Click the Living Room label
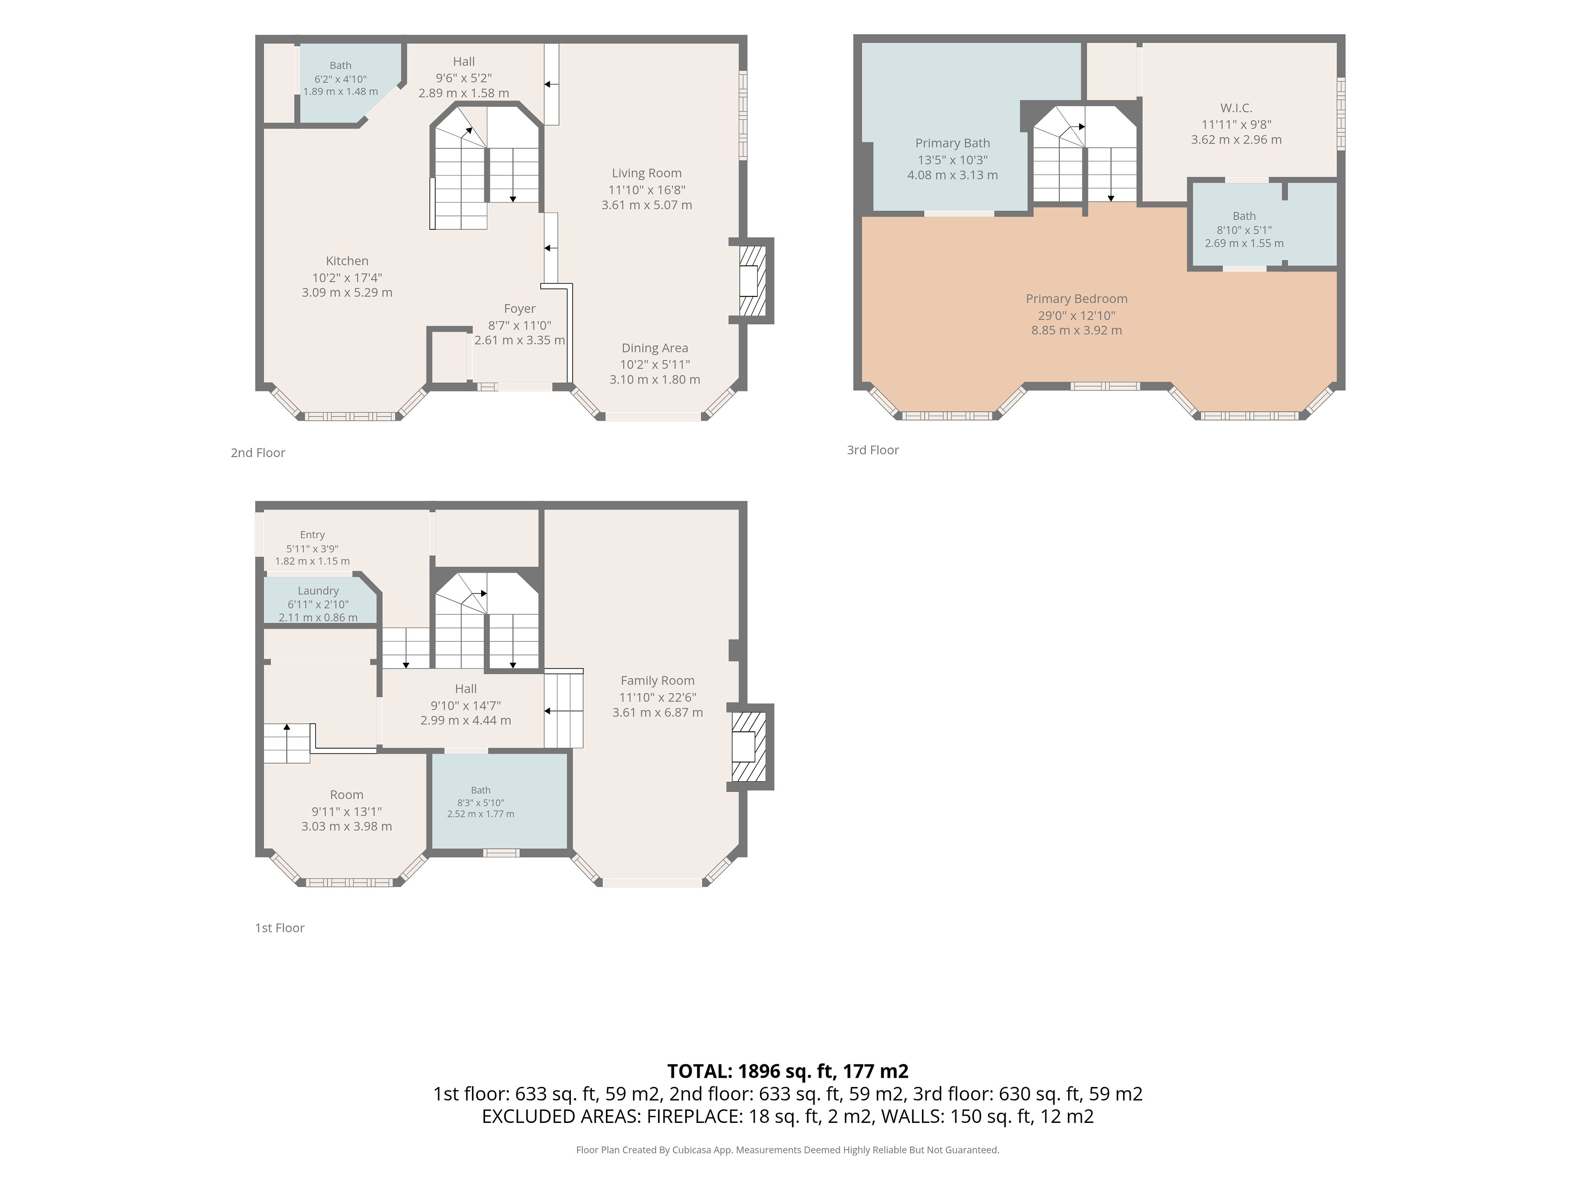point(646,173)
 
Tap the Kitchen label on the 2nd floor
point(347,261)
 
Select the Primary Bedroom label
point(1076,299)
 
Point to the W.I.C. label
point(1236,108)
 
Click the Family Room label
point(657,680)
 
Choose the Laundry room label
point(318,591)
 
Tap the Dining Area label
point(655,348)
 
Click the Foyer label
point(519,309)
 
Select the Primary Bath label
point(953,143)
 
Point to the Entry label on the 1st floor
point(312,535)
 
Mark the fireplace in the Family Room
point(751,747)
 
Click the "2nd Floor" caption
point(258,452)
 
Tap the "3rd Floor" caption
point(873,450)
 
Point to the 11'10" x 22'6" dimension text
point(657,697)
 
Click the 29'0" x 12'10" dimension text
point(1076,316)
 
